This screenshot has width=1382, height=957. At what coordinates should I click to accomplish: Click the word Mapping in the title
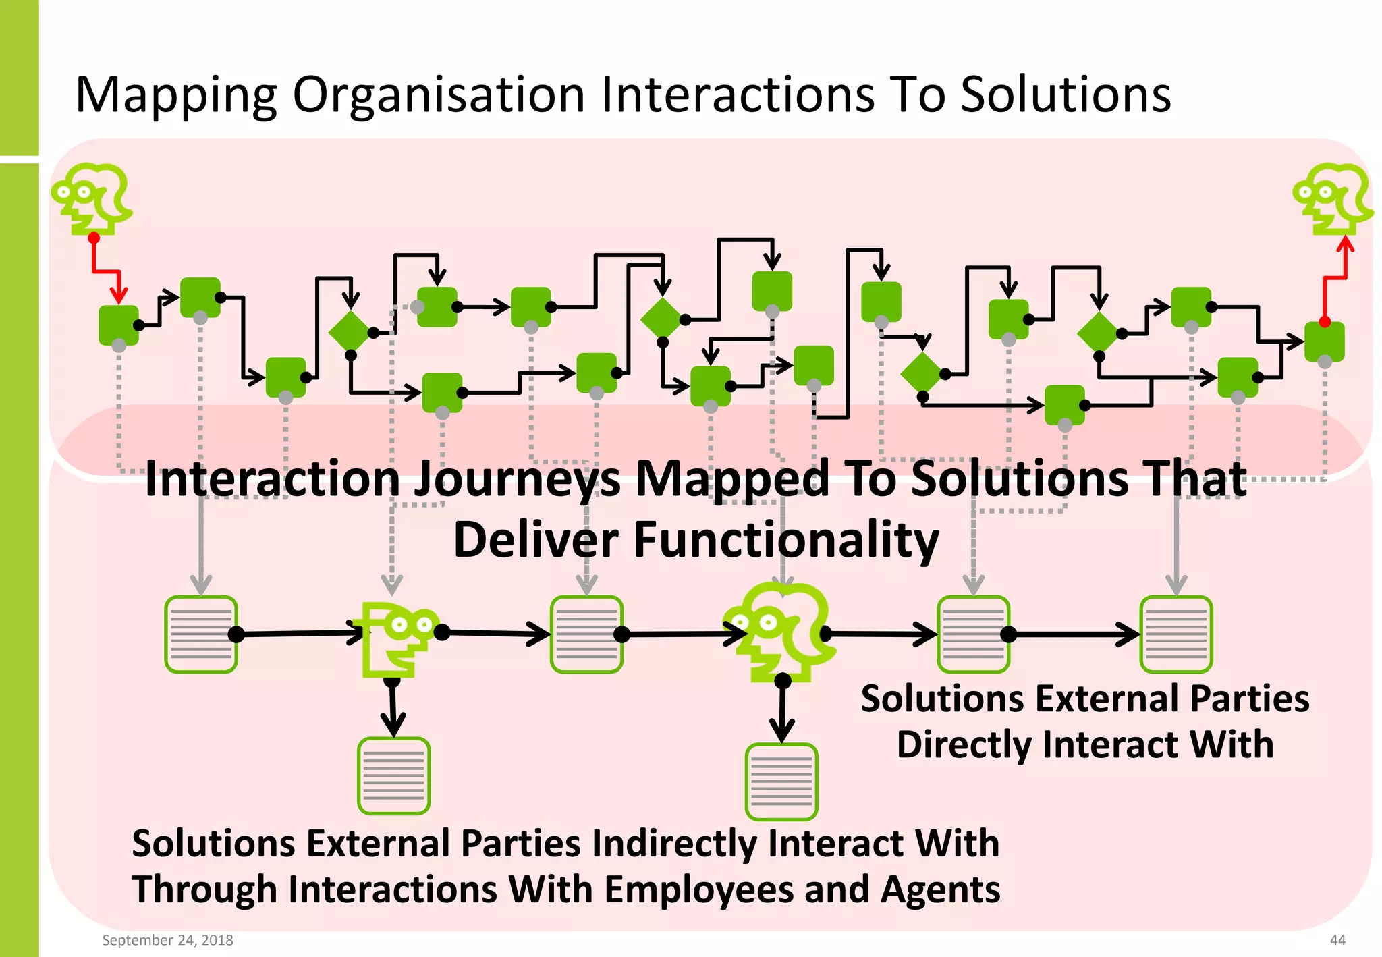(176, 95)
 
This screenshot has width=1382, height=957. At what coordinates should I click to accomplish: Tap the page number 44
(1337, 940)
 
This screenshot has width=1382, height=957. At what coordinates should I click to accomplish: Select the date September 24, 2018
(167, 940)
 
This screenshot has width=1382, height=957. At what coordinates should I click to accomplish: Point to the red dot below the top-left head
(94, 238)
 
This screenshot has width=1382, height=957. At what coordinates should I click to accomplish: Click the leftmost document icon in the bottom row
(201, 634)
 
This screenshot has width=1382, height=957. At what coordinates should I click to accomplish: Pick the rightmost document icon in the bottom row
(1176, 634)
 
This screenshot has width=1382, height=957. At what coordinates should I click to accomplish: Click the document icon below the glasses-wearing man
(393, 776)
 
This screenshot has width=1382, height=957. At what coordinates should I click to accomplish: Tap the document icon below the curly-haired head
(781, 782)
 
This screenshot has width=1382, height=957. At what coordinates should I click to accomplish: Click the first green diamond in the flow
(350, 331)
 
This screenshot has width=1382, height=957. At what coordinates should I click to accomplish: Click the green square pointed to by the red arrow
(119, 325)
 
